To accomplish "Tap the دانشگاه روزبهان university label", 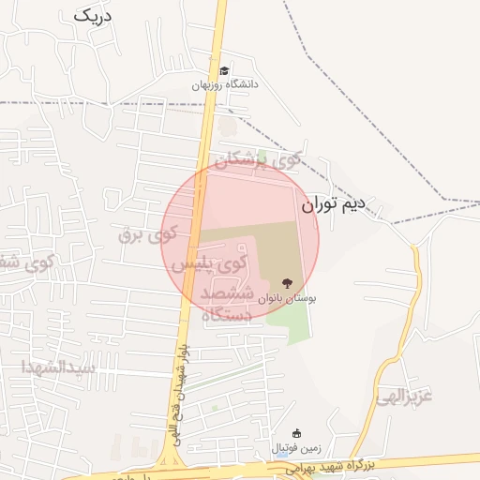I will (x=225, y=84).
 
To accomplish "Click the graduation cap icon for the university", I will (x=224, y=71).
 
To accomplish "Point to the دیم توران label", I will (x=337, y=203).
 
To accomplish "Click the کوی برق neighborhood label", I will (x=148, y=232).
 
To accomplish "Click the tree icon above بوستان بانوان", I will (x=286, y=283).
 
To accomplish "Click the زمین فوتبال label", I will (x=296, y=447).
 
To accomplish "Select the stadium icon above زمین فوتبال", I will (x=297, y=434).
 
